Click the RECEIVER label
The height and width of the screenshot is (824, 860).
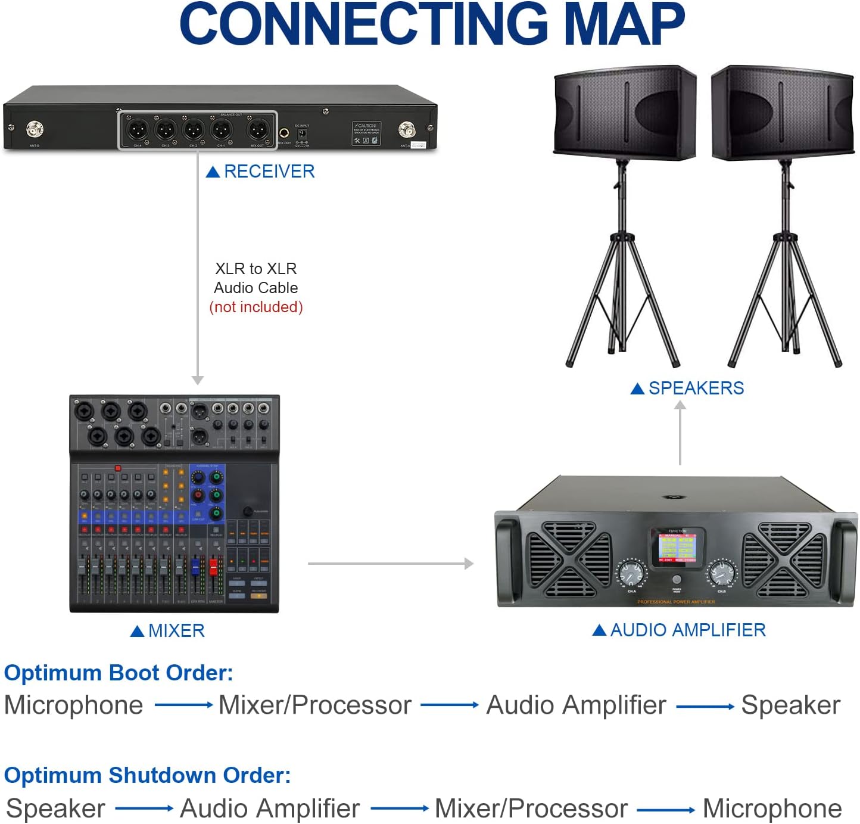coord(269,172)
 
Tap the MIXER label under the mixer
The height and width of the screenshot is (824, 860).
coord(176,630)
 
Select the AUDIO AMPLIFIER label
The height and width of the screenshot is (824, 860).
coord(687,630)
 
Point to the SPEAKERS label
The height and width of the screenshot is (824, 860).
coord(695,388)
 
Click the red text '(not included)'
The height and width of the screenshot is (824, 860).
coord(256,307)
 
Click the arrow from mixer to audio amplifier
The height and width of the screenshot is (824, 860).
coord(390,563)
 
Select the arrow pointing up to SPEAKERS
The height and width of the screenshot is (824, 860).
coord(680,432)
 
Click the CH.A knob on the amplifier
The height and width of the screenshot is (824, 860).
coord(631,574)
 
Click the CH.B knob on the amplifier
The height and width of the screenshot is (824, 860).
coord(721,574)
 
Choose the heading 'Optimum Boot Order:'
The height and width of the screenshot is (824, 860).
coord(119,673)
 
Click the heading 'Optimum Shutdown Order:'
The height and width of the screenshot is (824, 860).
coord(147,775)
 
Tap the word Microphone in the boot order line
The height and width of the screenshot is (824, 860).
coord(74,705)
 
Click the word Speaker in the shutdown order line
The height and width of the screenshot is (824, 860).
coord(56,809)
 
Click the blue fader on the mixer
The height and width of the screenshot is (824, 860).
coord(195,566)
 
